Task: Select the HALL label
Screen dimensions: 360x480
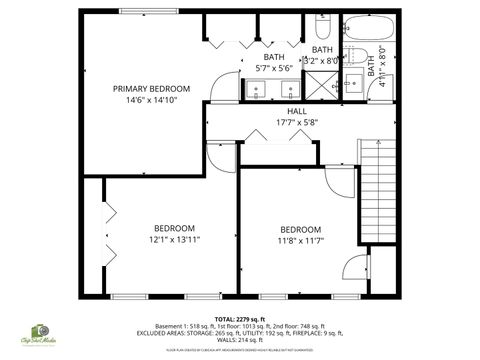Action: (298, 111)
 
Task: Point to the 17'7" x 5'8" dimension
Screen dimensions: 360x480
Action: (298, 122)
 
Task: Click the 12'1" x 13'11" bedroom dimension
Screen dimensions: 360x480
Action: (175, 240)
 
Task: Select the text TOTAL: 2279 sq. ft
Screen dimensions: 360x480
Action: (240, 318)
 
